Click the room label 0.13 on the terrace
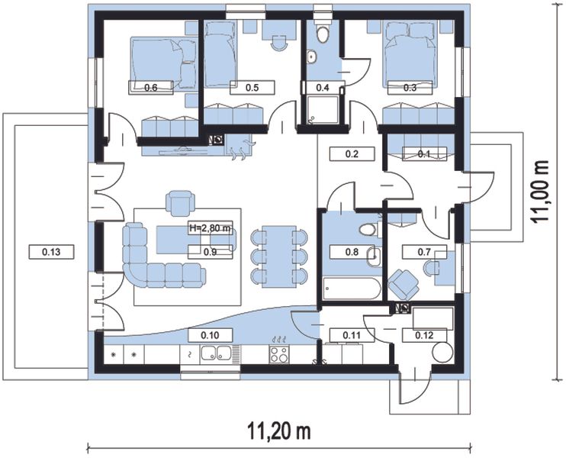coord(51,252)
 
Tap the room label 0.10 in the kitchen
coord(210,335)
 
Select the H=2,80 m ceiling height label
coord(210,228)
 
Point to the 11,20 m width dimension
coord(279,431)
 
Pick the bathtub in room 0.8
coord(352,289)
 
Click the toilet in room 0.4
coord(323,34)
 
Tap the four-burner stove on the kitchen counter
coord(279,354)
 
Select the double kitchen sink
coord(216,353)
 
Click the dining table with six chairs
coord(279,256)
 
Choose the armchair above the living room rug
coord(180,203)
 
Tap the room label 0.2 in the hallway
coord(352,154)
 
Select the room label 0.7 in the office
coord(424,252)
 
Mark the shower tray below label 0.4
coord(323,109)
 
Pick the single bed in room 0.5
coord(220,54)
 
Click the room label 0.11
coord(352,335)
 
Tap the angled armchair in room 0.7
coord(404,284)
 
